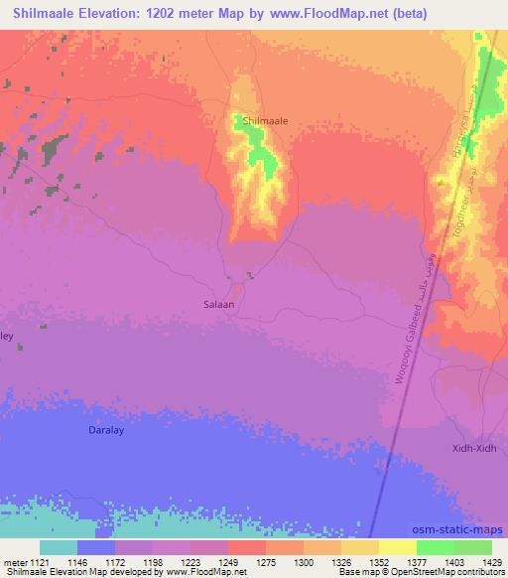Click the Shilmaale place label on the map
click(x=266, y=120)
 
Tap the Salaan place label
click(x=218, y=305)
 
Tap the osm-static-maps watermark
click(x=466, y=529)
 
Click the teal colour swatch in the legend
click(x=59, y=547)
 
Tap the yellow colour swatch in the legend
click(x=397, y=547)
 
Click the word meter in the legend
click(x=14, y=561)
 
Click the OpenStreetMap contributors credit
click(x=438, y=572)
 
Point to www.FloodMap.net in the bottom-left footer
click(x=205, y=572)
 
